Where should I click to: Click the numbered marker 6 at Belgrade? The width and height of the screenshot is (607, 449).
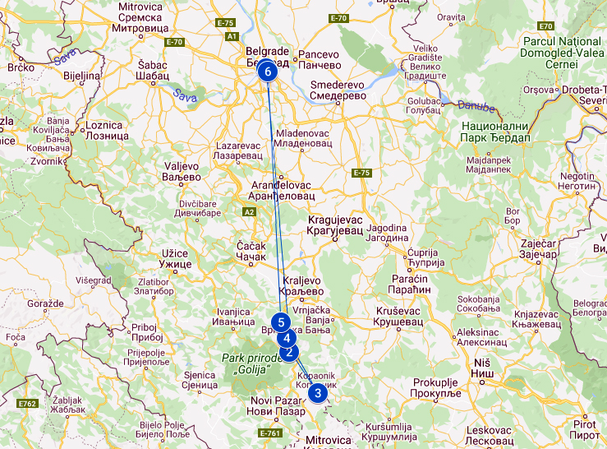click(268, 72)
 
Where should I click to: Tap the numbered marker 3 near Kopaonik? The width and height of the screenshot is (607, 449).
click(318, 392)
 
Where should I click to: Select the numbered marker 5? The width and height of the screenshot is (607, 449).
click(282, 322)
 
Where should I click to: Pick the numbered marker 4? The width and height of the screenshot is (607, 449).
click(287, 337)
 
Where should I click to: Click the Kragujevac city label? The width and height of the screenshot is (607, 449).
click(334, 226)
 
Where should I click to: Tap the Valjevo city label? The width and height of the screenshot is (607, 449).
click(182, 170)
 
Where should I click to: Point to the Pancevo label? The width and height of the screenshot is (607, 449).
click(320, 59)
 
